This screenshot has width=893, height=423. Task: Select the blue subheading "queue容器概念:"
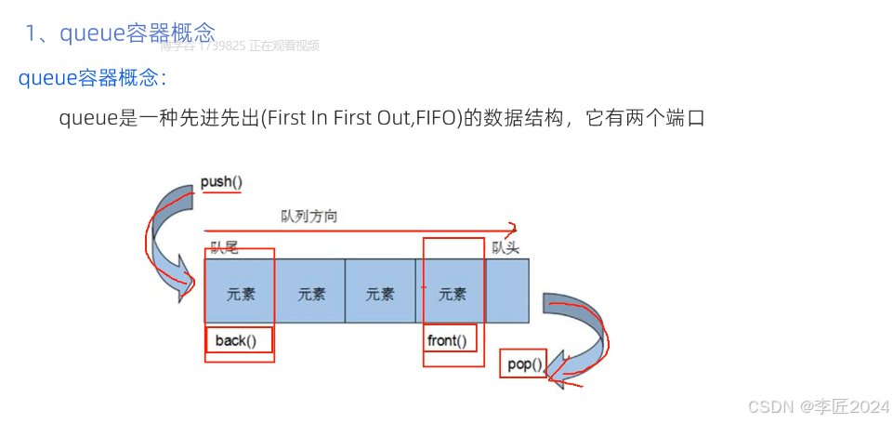point(92,78)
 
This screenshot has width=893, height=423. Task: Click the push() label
point(221,182)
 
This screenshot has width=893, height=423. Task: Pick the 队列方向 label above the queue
point(309,216)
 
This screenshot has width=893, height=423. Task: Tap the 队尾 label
point(225,247)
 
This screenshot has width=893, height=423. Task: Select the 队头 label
point(506,247)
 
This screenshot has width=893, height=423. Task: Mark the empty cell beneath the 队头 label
point(507,291)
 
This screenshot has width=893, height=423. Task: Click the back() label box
point(239,340)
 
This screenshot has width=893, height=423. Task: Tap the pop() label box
point(524,364)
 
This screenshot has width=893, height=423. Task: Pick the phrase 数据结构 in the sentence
point(520,119)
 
